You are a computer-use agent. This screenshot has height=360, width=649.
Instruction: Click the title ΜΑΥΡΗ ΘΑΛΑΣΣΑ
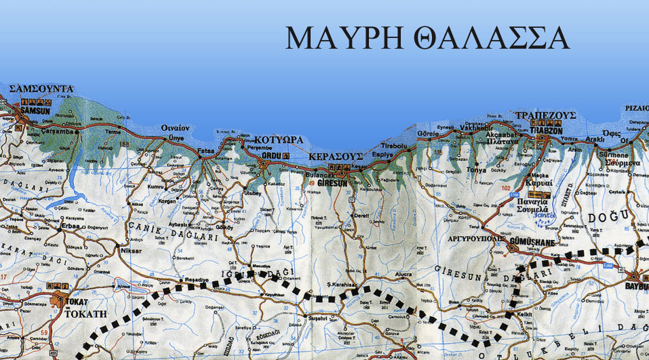tap(427, 39)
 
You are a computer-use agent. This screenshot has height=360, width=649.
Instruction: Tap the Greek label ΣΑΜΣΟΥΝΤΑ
tap(41, 89)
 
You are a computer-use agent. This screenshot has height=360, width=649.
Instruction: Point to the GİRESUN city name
tap(334, 182)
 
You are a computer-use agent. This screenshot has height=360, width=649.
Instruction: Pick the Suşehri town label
tap(318, 317)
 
